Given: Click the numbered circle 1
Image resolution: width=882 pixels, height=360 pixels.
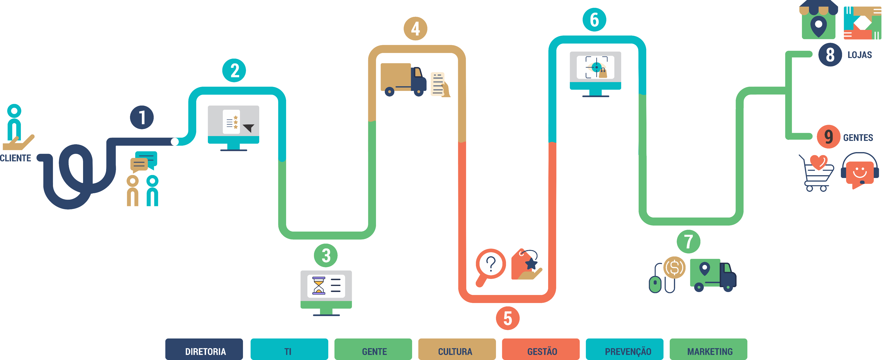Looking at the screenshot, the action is point(142,117).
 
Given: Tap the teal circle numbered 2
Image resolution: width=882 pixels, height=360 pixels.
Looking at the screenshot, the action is point(234,71).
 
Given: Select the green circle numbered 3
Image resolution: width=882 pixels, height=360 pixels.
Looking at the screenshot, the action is point(326,255).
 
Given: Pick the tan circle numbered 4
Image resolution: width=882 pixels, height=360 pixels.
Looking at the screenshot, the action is point(415,29).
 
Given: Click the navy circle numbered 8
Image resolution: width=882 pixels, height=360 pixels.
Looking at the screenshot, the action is point(830,55).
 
